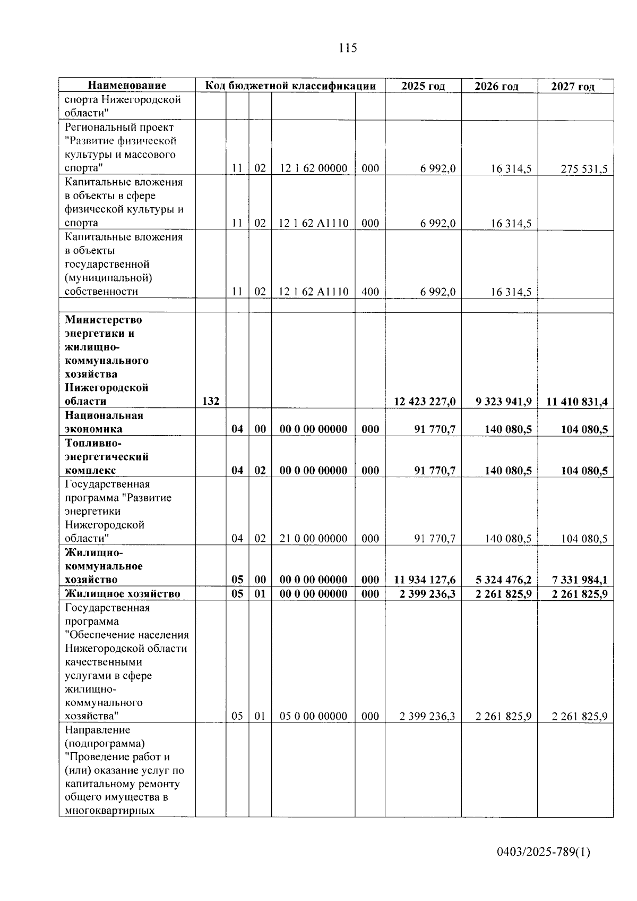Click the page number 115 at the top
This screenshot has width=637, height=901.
pos(348,48)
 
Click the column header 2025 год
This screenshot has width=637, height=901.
pos(423,86)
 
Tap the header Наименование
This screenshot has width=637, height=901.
pos(127,86)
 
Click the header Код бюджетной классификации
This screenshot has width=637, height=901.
pos(290,86)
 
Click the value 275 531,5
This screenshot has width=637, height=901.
pos(583,169)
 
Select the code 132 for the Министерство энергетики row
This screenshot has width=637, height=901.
pos(211,401)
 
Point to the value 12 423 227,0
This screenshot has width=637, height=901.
pos(425,401)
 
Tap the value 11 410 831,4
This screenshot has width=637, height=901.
pos(576,401)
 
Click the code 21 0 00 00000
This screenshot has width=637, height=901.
pos(313,538)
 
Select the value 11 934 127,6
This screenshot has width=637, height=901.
pos(425,580)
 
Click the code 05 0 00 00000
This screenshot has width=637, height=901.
pos(313,716)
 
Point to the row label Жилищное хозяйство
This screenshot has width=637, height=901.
pos(123,593)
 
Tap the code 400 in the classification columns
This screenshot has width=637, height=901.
pos(370,291)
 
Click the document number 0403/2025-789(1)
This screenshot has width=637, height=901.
pos(543,853)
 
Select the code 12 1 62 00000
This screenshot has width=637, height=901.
pos(313,168)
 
